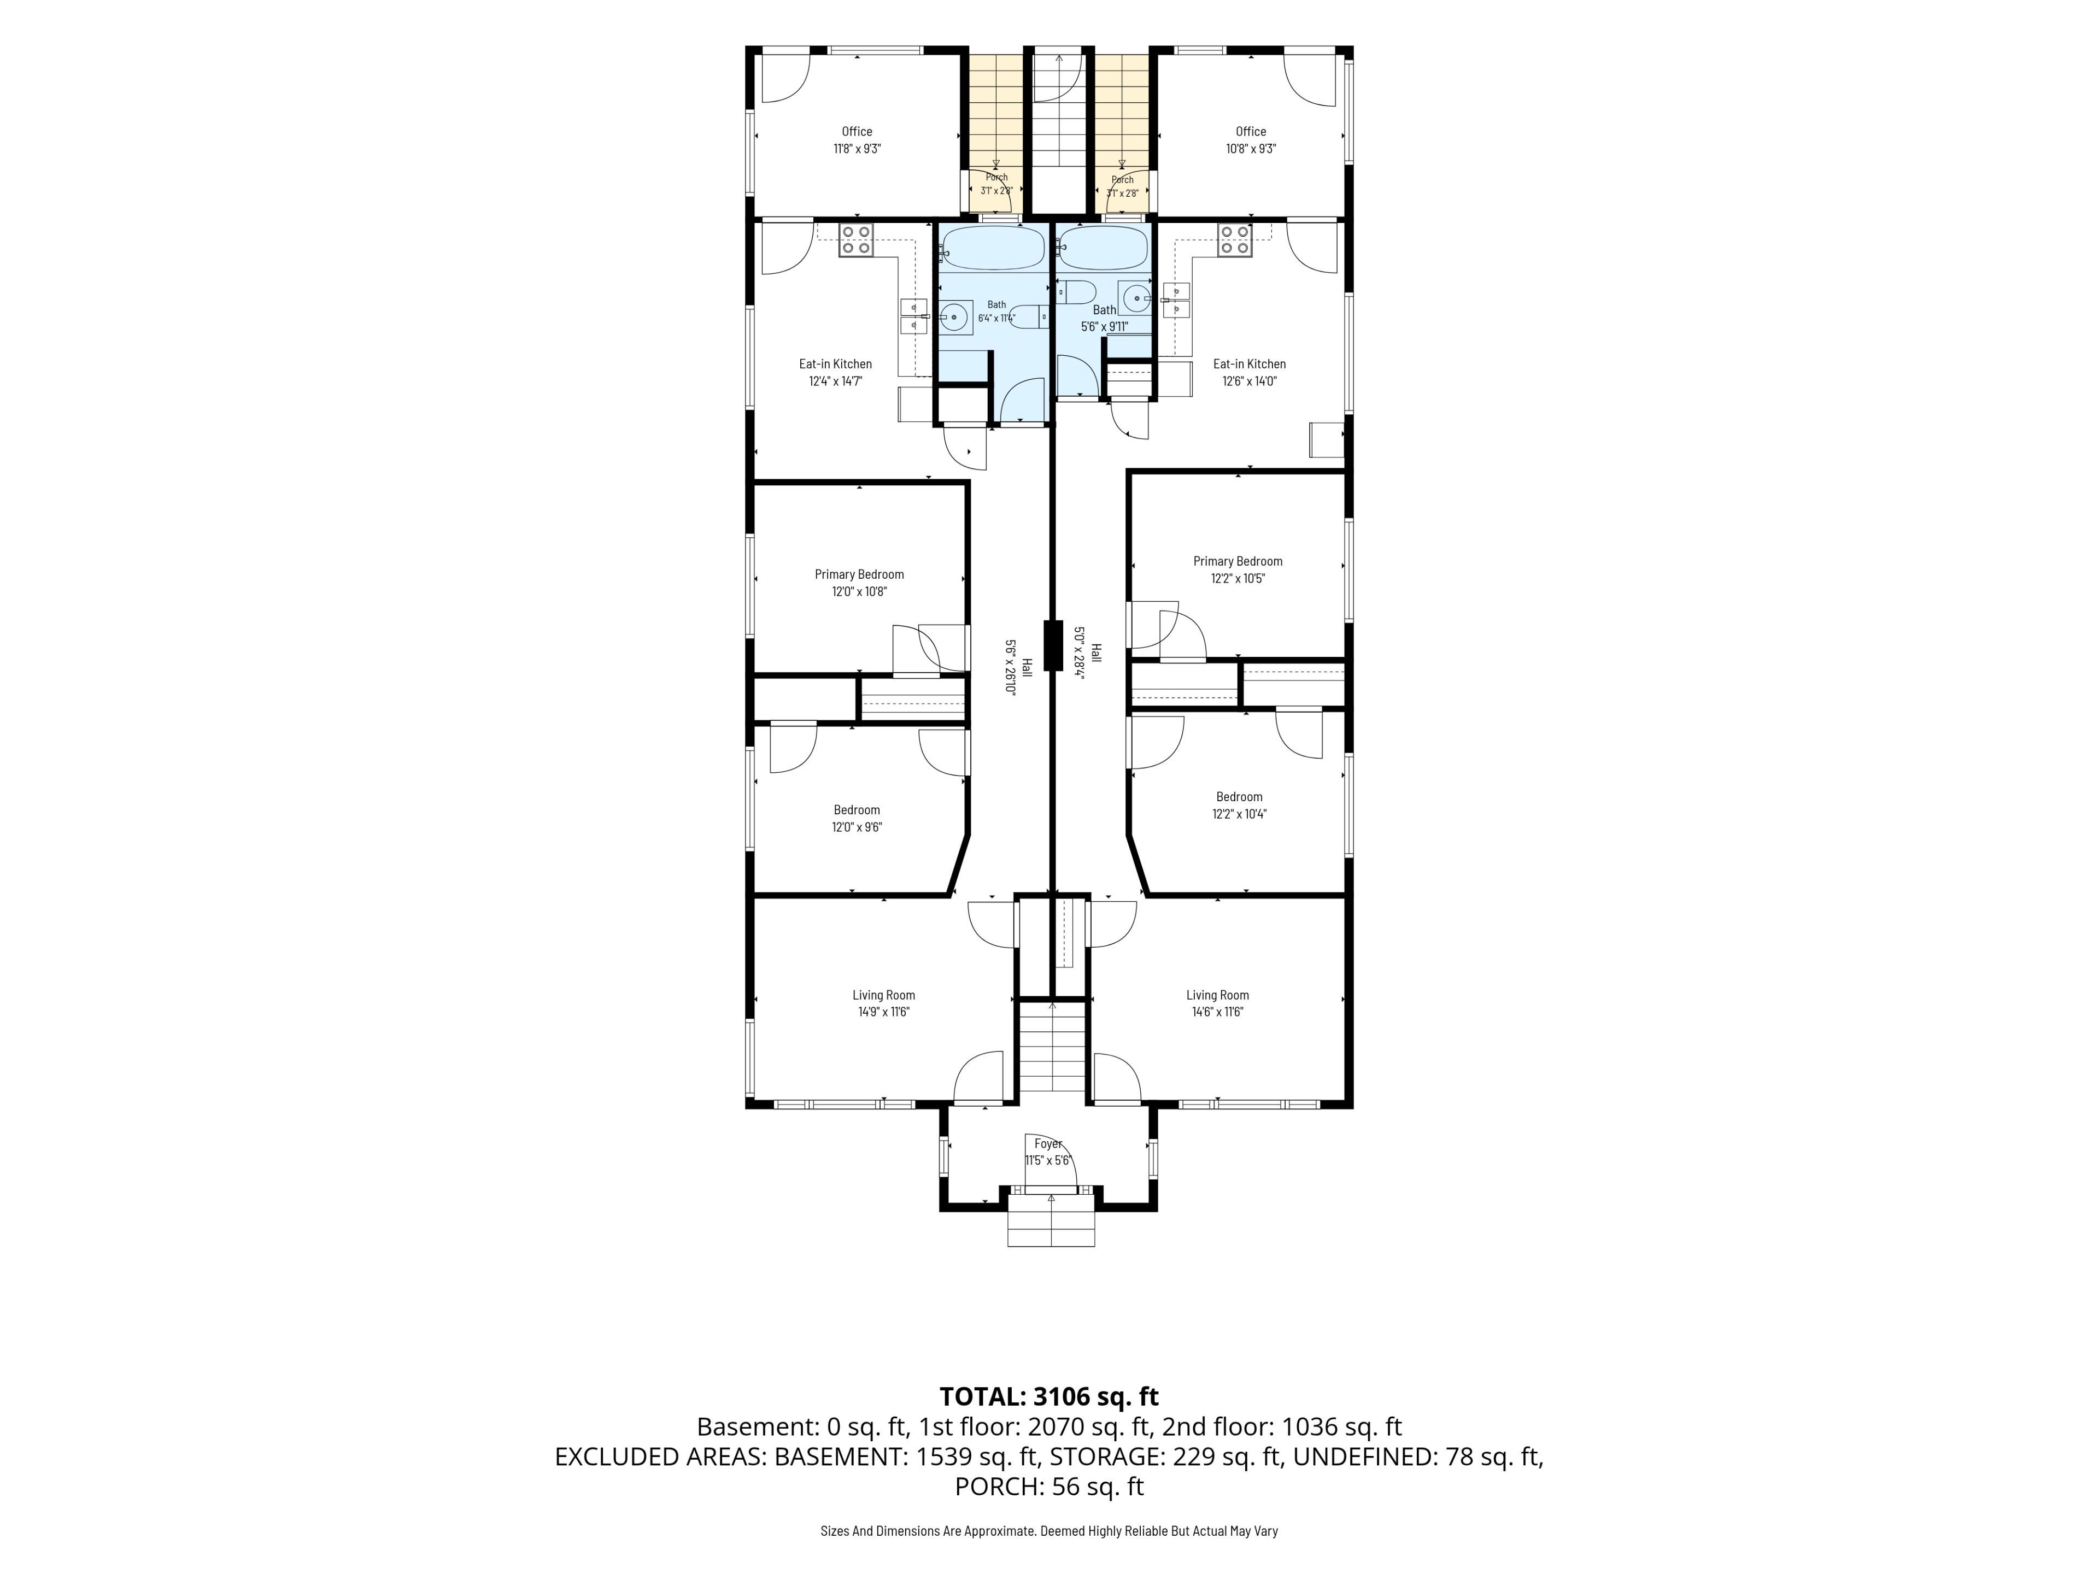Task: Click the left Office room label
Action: point(857,132)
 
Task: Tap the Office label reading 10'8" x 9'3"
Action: point(1251,149)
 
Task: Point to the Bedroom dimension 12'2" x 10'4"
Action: point(1239,814)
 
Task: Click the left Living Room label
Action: point(883,995)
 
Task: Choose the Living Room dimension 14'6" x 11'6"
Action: point(1217,1012)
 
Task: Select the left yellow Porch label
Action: point(996,178)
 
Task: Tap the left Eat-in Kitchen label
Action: point(835,365)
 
